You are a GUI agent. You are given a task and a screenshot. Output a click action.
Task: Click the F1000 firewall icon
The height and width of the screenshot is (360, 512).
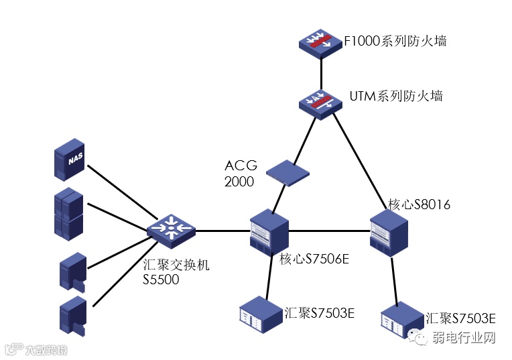(x=320, y=44)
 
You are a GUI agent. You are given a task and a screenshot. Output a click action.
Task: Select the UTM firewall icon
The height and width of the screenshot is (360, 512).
(x=320, y=104)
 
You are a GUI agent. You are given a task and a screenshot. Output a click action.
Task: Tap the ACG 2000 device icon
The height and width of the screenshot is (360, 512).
(x=287, y=173)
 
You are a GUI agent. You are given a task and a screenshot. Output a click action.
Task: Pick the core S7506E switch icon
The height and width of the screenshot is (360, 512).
(x=269, y=233)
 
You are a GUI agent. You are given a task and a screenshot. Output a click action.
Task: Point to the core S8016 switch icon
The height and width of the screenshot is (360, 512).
(x=389, y=233)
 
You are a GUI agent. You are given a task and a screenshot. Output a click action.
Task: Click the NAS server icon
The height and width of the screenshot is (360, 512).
(x=69, y=160)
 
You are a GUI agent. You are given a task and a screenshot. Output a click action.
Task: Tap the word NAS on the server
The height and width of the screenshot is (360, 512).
(x=76, y=159)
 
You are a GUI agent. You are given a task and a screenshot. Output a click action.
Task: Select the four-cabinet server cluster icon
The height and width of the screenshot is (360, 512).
(x=68, y=214)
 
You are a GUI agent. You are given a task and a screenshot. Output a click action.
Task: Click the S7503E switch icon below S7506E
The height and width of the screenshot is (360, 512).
(x=261, y=315)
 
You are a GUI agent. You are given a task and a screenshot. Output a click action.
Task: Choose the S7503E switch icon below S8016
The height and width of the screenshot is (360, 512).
(x=402, y=320)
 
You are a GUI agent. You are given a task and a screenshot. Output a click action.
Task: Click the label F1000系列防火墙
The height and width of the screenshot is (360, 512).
(x=395, y=42)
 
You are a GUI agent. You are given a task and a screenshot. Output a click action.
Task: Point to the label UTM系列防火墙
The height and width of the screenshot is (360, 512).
(x=396, y=96)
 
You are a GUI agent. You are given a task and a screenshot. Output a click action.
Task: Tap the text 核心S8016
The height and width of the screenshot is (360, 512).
(x=419, y=204)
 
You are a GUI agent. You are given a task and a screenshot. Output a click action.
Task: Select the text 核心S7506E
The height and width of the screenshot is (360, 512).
(x=314, y=259)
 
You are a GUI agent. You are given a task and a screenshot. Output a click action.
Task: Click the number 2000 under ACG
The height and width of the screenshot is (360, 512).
(x=239, y=182)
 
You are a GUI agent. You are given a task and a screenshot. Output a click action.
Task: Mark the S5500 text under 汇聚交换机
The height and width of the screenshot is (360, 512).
(x=161, y=280)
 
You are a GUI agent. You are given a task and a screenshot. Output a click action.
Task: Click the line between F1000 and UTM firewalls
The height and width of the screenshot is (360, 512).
(x=321, y=74)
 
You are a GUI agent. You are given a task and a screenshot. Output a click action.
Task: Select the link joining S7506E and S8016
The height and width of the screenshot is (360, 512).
(x=329, y=231)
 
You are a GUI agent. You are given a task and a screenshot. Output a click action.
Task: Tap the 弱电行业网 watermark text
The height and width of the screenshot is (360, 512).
(x=464, y=337)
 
